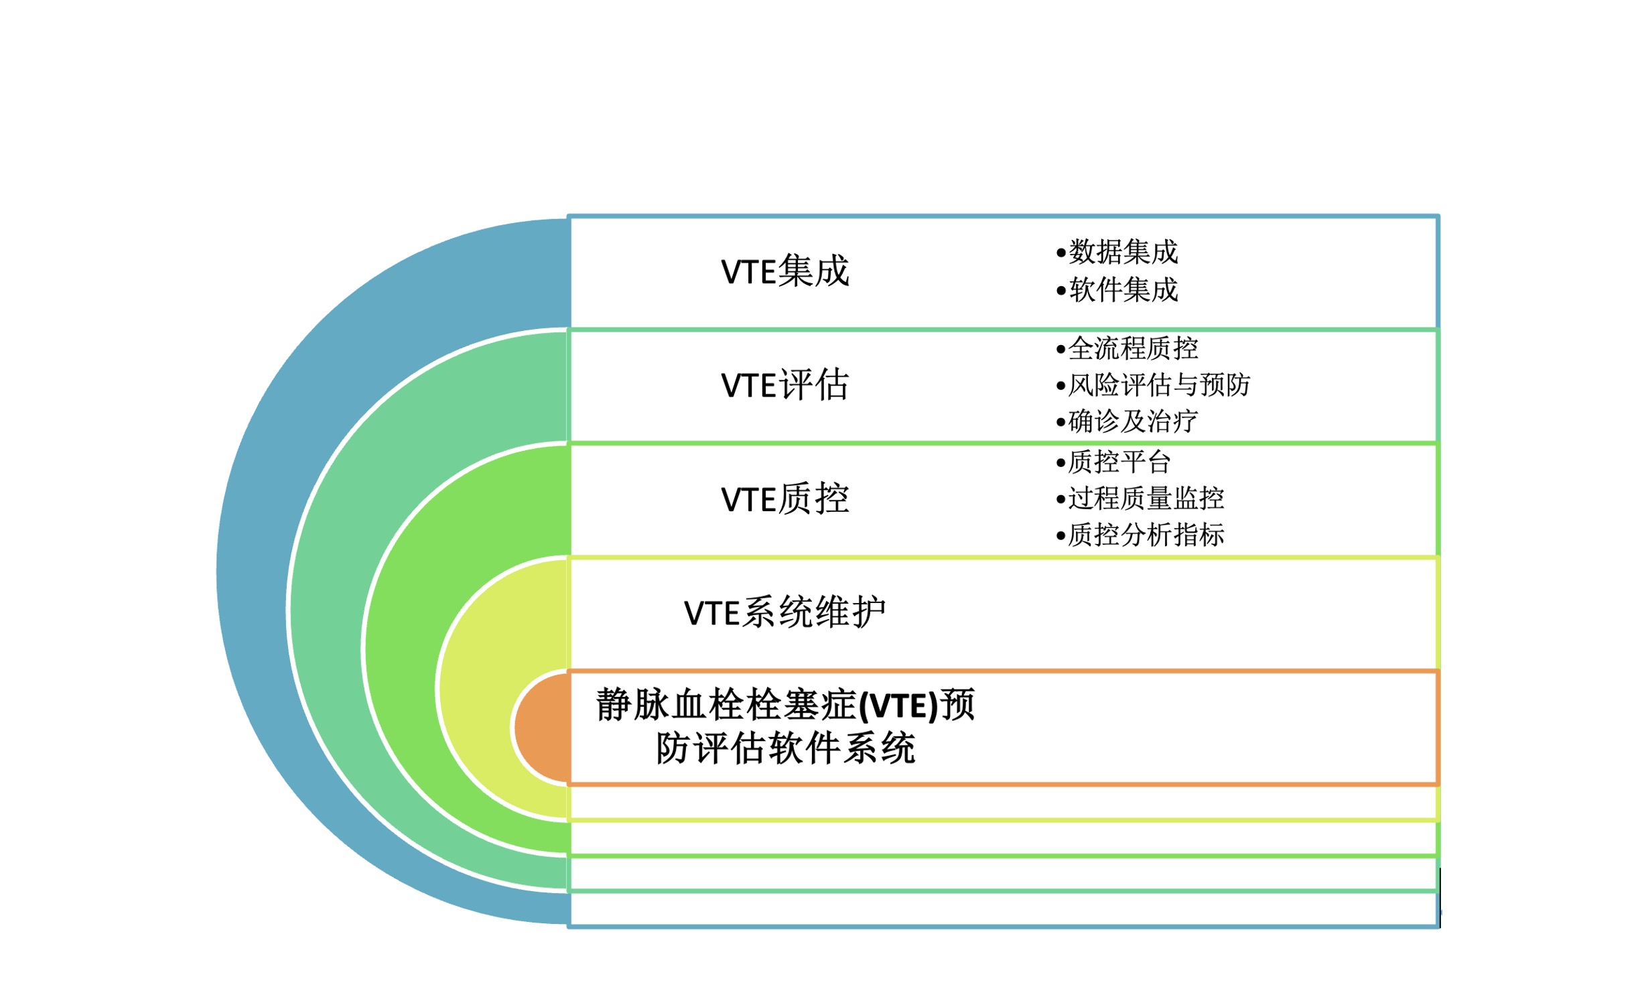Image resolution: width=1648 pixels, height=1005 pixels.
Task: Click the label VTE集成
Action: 784,272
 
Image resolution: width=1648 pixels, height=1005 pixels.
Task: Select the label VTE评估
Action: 784,386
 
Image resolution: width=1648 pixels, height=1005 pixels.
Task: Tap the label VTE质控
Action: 784,500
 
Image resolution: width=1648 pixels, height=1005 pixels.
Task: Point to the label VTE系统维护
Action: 784,613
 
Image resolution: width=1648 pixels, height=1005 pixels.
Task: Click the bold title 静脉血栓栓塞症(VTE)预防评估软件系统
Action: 785,726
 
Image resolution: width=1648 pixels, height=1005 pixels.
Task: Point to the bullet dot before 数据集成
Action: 1060,253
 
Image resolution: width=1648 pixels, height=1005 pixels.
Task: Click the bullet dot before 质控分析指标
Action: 1060,536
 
